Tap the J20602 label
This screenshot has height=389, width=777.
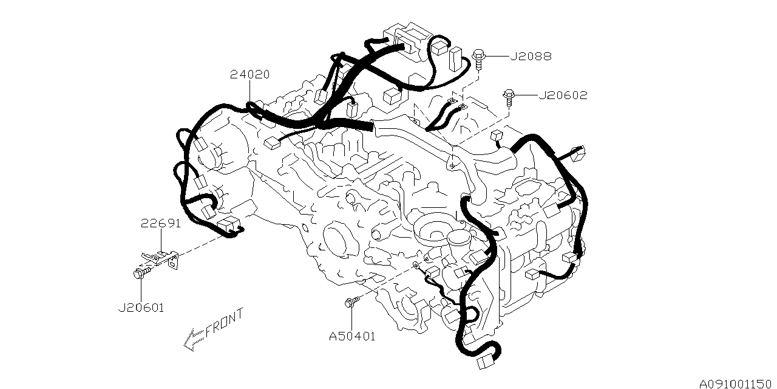click(x=563, y=95)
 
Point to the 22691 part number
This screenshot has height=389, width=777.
click(x=161, y=223)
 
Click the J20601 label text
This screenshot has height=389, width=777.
click(x=141, y=308)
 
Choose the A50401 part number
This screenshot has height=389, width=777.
click(x=352, y=336)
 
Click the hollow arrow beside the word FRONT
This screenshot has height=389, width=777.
click(x=193, y=339)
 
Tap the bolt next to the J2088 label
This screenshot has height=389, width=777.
click(x=478, y=57)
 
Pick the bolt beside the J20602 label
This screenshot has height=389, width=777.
click(x=508, y=95)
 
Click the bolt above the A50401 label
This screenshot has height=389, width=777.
click(x=351, y=301)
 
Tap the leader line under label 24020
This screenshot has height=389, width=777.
click(x=249, y=91)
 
